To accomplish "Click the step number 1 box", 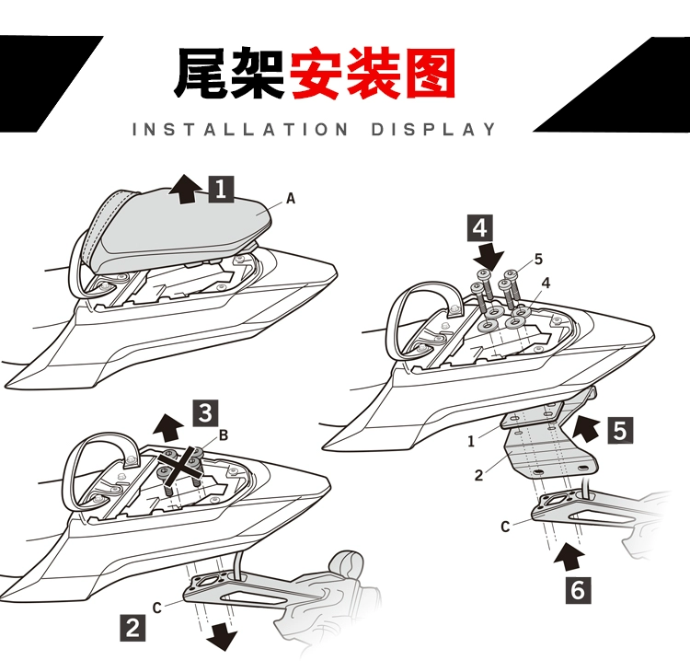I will coord(221,189).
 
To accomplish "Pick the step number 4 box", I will coord(482,226).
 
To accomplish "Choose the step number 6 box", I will coord(578,588).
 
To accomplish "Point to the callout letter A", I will coord(291,198).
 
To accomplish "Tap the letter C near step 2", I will coord(158,606).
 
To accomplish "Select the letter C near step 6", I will coord(505,527).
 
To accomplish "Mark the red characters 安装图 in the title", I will coord(373,74).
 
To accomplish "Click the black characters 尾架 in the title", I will coord(228,74).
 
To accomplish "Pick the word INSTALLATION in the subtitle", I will coord(241,129).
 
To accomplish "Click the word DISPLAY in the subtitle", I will coord(433,129).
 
